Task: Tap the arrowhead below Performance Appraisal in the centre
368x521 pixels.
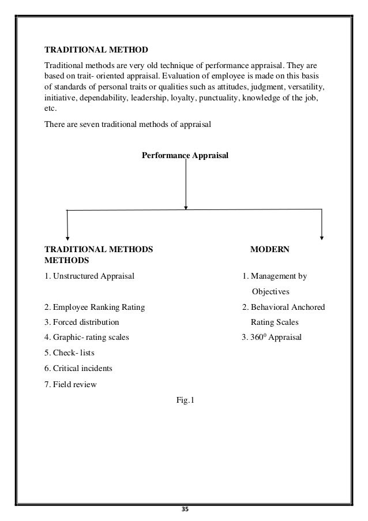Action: (x=185, y=207)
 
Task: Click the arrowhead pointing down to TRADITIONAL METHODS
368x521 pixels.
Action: (x=68, y=236)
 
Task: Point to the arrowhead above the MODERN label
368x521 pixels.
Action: (x=321, y=236)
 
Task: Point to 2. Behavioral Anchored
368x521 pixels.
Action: (x=283, y=307)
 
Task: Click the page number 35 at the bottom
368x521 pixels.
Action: (x=185, y=509)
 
